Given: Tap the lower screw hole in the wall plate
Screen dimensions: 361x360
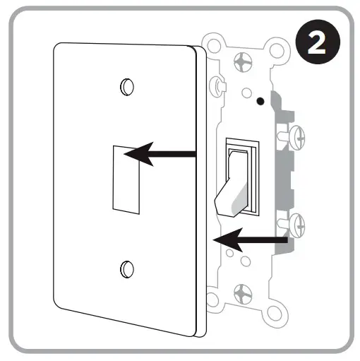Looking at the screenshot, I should (127, 268).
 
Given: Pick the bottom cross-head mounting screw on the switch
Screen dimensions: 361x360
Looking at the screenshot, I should (244, 291).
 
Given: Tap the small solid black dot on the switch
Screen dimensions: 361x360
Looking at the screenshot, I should (261, 100).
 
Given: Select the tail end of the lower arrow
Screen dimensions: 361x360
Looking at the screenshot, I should (286, 242).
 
